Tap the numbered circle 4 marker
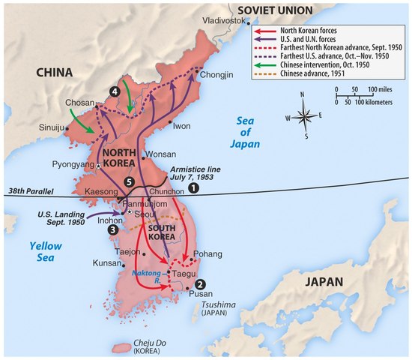[x=115, y=91]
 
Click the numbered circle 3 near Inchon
[x=112, y=230]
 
